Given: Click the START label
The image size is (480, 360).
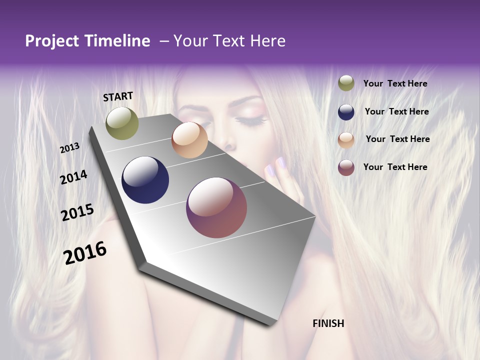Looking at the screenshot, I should pos(118,96).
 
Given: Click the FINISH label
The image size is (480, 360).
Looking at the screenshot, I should pos(328,323).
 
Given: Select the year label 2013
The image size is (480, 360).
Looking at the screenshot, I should pos(69,148).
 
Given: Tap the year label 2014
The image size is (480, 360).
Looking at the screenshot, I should pos(73,177).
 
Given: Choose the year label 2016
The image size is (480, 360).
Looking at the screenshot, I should pos(85,252).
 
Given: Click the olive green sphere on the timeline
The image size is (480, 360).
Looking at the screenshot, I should pos(122,123).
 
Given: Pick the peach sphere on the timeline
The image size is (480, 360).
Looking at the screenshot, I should pos(189,140).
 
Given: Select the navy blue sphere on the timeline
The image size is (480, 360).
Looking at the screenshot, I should pos(145,180).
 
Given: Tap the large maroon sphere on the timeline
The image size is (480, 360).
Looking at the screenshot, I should pos(216,207).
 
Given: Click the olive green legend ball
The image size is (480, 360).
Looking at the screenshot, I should pos(346,83).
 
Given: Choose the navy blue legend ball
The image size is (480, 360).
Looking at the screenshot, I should pos(346,112).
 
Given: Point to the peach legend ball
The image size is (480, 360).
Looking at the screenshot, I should pos(346,140).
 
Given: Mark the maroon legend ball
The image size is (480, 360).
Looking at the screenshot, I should pos(346,167).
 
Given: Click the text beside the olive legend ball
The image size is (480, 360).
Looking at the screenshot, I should pos(395,83).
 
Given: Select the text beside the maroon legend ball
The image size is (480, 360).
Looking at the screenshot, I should pos(395,167).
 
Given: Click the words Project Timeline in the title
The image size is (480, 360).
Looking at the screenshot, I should pos(87,41).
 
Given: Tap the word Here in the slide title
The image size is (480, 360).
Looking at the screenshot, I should pos(267,41).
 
